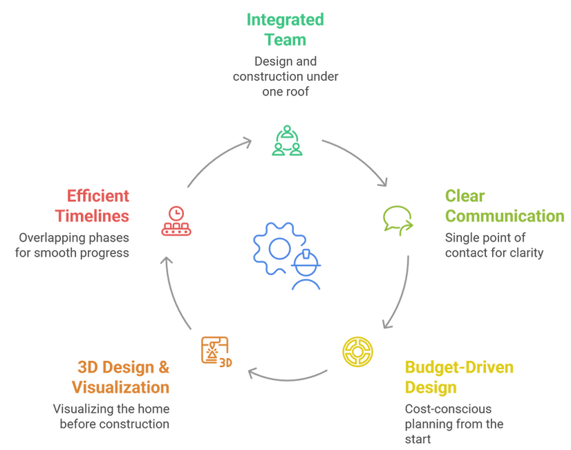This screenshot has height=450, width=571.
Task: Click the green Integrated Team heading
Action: click(285, 30)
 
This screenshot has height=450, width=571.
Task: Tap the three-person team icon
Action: click(287, 140)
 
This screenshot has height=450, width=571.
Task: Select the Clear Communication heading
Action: click(505, 206)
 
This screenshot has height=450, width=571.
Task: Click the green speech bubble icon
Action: click(397, 221)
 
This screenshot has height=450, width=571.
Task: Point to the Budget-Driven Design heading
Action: click(459, 377)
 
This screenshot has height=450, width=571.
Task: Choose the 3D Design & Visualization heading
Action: click(120, 377)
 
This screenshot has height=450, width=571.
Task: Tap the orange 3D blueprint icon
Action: click(216, 352)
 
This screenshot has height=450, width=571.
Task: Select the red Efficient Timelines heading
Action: click(92, 206)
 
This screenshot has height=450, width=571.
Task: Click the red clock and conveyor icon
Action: click(176, 221)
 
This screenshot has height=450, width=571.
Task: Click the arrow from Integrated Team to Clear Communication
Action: click(361, 157)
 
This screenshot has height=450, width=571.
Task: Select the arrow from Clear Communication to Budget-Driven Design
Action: click(403, 295)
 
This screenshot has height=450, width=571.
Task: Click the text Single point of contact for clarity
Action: click(494, 245)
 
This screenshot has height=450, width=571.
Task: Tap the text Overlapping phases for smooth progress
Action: click(72, 245)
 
